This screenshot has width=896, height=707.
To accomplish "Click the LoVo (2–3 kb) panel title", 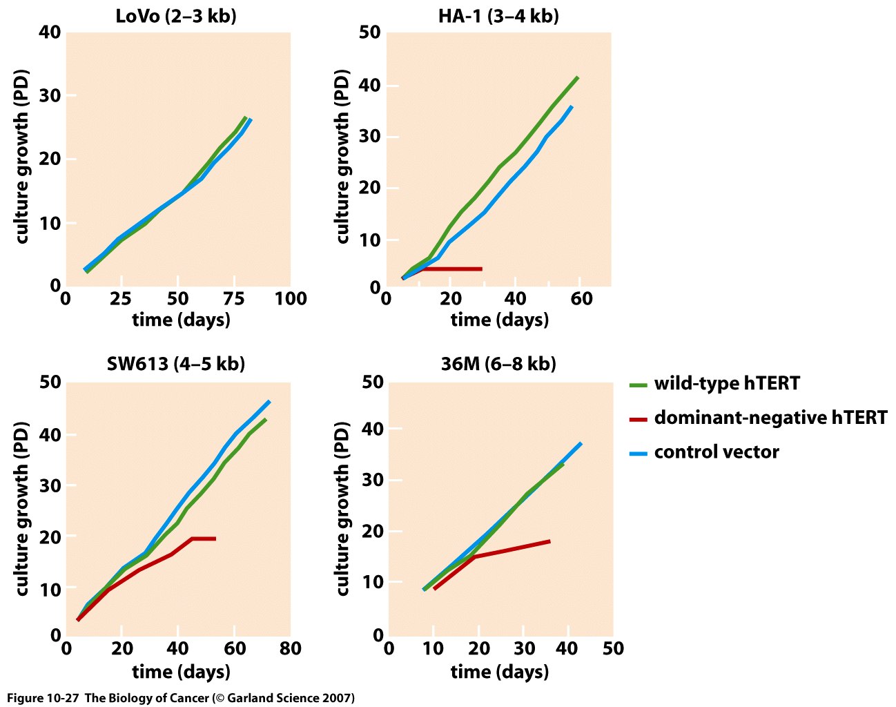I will click(176, 16).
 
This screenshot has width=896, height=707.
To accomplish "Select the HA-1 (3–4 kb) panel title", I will click(498, 16).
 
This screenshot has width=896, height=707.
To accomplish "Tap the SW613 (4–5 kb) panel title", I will click(175, 364).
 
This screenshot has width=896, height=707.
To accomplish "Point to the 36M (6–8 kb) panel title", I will click(498, 364).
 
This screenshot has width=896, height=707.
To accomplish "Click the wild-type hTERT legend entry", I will click(726, 383).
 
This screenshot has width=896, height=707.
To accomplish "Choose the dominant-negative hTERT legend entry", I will click(770, 418).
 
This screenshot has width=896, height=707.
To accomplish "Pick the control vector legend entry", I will click(716, 452).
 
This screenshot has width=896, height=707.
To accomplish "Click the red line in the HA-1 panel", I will click(452, 269).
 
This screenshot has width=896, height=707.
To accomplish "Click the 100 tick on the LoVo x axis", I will click(291, 299).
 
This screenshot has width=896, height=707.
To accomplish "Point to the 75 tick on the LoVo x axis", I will click(235, 299).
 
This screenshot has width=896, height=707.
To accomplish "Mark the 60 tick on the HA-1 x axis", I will click(581, 299).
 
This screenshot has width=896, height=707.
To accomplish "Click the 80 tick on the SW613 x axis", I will click(290, 649).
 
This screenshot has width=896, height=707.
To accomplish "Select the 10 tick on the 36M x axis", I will click(433, 649).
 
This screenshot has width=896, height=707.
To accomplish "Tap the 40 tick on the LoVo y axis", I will click(50, 32).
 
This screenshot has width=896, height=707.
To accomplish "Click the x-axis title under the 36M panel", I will click(499, 671).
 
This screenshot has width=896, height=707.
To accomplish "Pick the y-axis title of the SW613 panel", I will click(22, 509).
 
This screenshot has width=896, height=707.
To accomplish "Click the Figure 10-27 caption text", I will click(181, 698).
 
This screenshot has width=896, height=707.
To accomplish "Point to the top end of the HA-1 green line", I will click(577, 77).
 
